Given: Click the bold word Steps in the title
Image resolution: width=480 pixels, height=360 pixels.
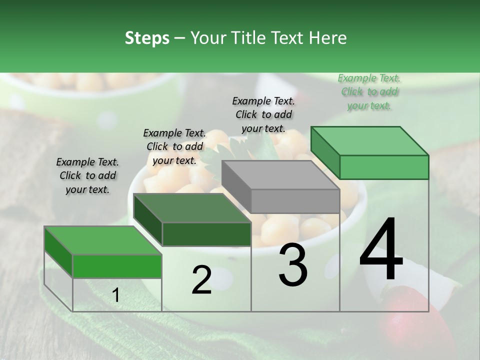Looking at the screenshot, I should pos(147,38).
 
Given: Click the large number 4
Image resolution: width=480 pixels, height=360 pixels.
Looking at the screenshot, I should pos(381,250).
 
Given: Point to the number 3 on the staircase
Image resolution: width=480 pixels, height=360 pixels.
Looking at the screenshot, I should pos(293,265).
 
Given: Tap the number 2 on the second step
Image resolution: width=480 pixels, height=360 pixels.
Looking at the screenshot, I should pos(201,280).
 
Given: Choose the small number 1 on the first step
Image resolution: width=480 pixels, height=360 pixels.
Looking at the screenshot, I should pos(115,296).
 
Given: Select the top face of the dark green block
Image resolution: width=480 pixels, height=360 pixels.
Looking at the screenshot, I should pos(192,208).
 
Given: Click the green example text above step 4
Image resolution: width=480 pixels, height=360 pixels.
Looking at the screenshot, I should pos(369,92).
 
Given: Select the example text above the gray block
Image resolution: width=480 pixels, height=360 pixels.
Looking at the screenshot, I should pos(263,114).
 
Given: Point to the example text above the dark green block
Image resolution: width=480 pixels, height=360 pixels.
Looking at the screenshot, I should pos(174,146).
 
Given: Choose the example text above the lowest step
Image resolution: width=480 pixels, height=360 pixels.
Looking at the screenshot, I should pos(87,175).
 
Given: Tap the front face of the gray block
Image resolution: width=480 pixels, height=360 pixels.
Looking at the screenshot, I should pos(295,201).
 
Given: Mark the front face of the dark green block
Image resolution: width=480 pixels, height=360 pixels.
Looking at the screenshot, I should pos(206,234).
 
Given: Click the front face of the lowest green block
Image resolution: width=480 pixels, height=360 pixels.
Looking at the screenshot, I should pos(117,266).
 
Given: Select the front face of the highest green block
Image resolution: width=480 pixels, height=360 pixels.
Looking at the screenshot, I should pos(384,167).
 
